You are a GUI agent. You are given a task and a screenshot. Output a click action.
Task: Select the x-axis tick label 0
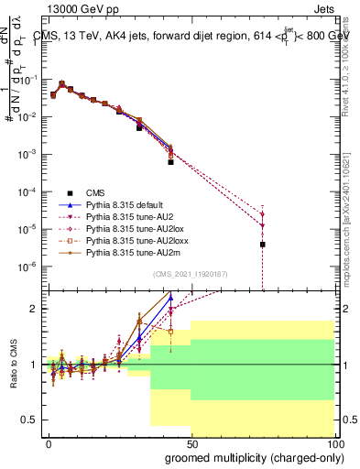point(49,442)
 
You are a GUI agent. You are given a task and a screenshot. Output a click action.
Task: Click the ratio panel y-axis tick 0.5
point(29,420)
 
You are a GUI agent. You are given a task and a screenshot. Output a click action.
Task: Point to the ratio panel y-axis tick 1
point(33,365)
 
